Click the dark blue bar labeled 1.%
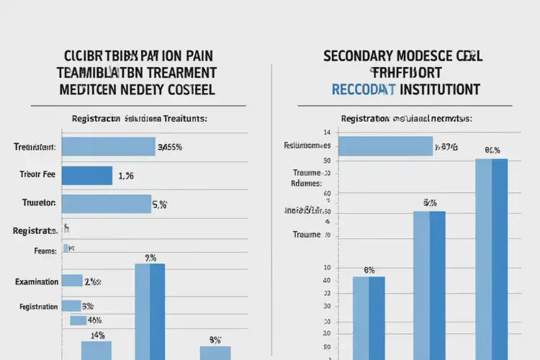click(x=87, y=176)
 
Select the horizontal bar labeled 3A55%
click(x=108, y=147)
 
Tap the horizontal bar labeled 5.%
click(x=106, y=204)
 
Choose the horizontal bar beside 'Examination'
click(x=71, y=281)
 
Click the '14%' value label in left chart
click(x=97, y=335)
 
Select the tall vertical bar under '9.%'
click(x=150, y=311)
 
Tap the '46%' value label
click(x=94, y=320)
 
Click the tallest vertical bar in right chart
click(x=491, y=259)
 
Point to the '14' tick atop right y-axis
click(x=327, y=132)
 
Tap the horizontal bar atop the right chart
click(x=384, y=146)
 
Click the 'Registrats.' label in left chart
click(x=35, y=231)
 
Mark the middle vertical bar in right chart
click(x=429, y=284)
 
